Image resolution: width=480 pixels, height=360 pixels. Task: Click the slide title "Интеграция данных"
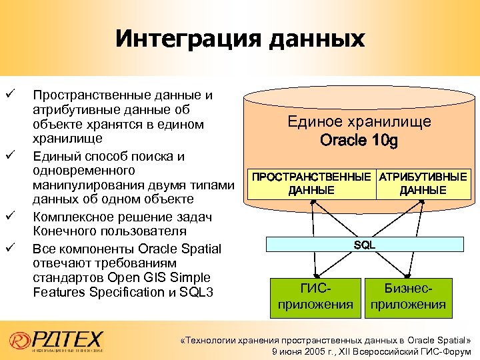[240, 38]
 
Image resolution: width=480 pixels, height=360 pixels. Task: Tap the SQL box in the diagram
[364, 245]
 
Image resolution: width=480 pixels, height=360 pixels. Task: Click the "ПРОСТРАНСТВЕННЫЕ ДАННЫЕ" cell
[311, 184]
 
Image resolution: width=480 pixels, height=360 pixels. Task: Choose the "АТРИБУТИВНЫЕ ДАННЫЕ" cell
[423, 184]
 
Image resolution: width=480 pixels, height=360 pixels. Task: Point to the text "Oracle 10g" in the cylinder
[359, 141]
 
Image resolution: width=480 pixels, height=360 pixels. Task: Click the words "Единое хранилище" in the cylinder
[359, 122]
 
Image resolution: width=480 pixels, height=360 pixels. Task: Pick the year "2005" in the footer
[313, 351]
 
